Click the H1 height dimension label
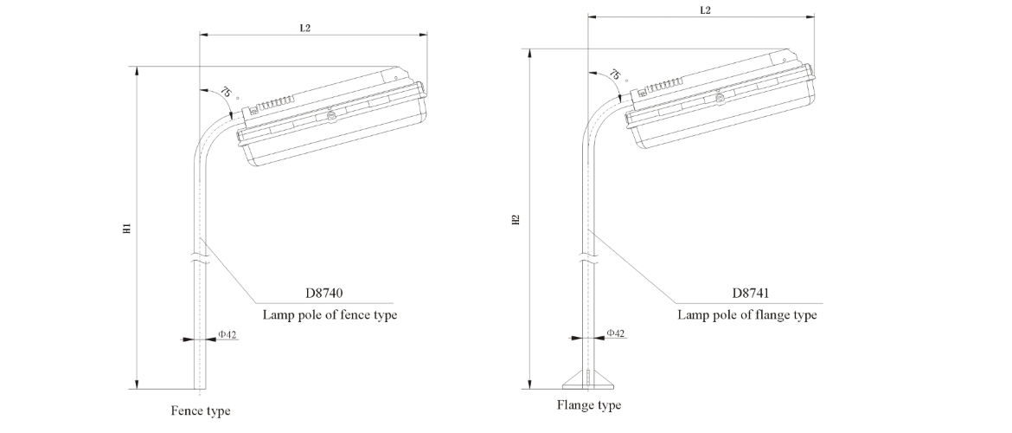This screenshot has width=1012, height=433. point(126,229)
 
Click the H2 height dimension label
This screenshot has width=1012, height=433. point(516,220)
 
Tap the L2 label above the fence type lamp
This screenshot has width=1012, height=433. point(305,28)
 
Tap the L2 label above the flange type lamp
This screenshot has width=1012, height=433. point(705,10)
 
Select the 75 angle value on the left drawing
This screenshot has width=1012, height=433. point(225,93)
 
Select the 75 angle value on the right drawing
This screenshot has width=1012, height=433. point(615,75)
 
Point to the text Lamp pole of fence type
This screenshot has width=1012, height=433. point(330,314)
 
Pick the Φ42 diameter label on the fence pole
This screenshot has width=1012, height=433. point(227,333)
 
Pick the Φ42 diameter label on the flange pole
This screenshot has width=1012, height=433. point(616,333)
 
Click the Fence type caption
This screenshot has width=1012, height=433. point(201,410)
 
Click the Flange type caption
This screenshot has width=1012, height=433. point(589,405)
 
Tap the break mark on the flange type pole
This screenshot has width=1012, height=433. point(589,255)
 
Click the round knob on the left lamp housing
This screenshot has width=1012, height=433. point(330,115)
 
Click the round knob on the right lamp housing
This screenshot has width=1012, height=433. point(719,97)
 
